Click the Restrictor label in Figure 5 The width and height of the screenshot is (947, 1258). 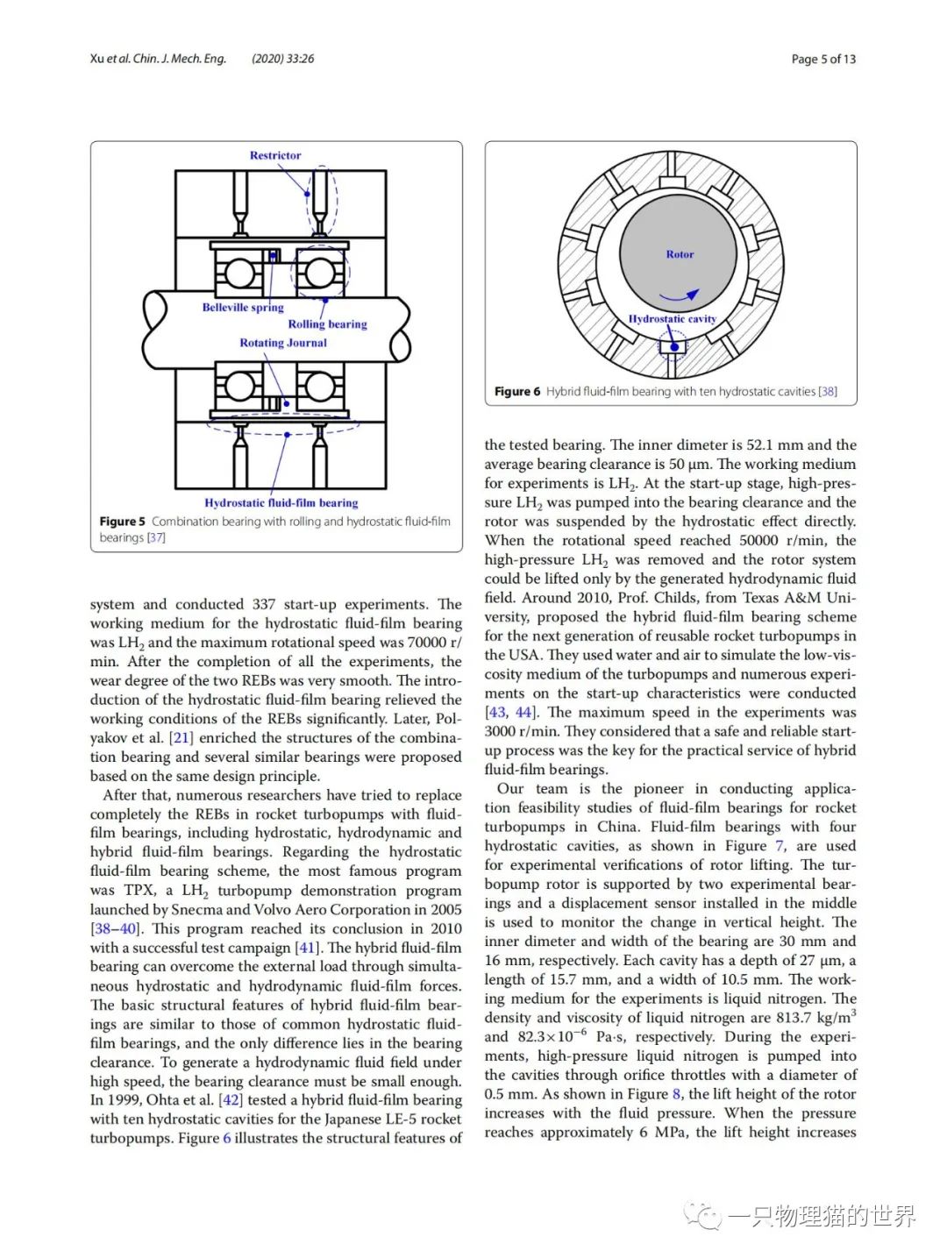274,155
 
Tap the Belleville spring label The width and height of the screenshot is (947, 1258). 243,308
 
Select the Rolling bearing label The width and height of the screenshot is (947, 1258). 327,324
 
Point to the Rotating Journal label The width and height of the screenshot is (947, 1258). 283,343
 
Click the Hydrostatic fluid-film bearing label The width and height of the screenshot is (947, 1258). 281,503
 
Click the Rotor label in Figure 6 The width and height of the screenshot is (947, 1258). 680,254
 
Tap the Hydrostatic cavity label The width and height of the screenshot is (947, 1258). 673,319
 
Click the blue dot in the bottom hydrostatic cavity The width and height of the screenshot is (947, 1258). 674,347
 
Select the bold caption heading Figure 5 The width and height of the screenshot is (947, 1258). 123,522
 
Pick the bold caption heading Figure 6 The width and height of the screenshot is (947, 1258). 517,392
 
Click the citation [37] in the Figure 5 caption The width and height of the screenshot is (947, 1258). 156,537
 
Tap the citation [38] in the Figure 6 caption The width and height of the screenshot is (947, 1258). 827,392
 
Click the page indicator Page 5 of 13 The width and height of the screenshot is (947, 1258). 823,59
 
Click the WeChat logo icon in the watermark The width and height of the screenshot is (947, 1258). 701,1216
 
